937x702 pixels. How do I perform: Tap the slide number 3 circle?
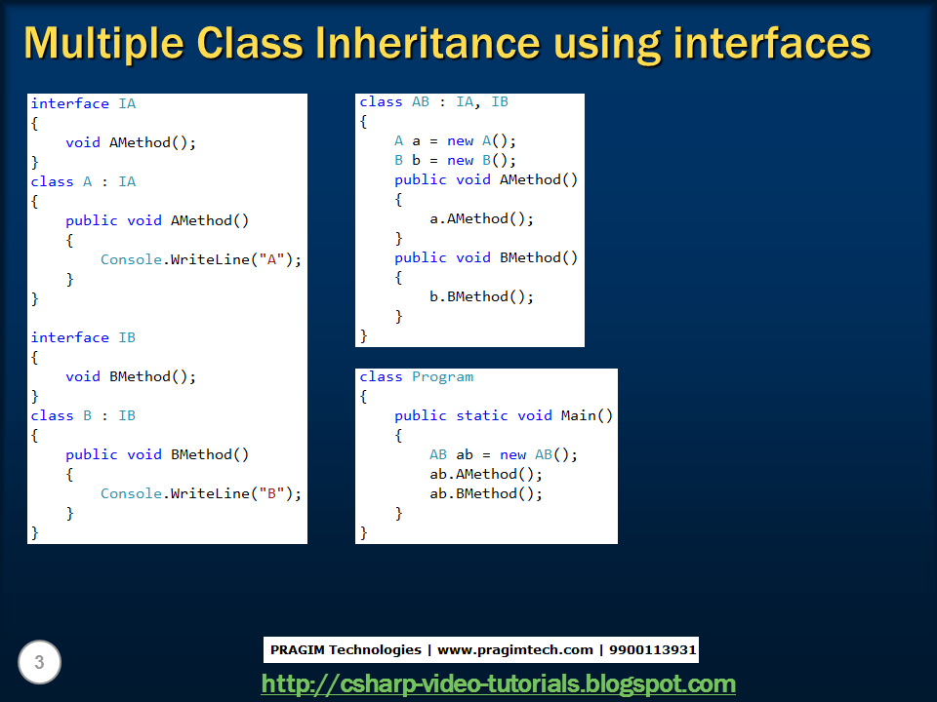coord(39,664)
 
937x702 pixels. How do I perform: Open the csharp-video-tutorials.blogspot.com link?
coord(498,683)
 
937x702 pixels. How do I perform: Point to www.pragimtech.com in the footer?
coord(514,649)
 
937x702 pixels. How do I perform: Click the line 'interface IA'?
coord(83,103)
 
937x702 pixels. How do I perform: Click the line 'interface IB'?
coord(83,337)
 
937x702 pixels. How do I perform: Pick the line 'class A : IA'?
coord(83,181)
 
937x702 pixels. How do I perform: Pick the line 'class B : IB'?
coord(83,415)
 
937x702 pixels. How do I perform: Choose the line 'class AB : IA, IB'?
coord(433,101)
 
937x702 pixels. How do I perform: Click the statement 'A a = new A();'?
coord(455,140)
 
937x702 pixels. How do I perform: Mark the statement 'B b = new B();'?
coord(455,160)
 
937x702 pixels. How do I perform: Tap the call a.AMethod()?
coord(481,218)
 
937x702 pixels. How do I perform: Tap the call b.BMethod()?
coord(481,296)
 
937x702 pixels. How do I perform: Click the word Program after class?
coord(442,376)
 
